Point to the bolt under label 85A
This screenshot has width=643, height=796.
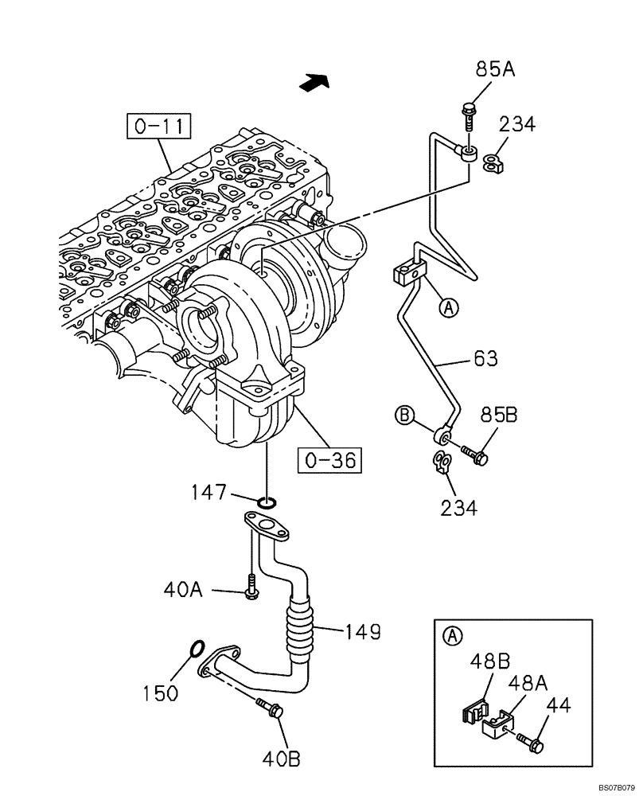[468, 115]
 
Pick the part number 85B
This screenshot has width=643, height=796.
[499, 415]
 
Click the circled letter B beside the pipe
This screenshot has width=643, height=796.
[404, 415]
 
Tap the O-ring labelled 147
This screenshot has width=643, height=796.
[269, 502]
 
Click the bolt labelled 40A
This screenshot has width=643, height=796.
[251, 587]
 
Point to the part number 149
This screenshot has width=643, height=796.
[363, 633]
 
